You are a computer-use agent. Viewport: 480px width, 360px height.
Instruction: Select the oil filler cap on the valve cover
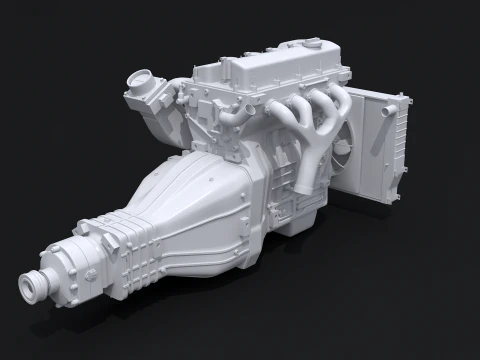pos(313,46)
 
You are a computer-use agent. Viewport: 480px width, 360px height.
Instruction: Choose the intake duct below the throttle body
pos(150,120)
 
